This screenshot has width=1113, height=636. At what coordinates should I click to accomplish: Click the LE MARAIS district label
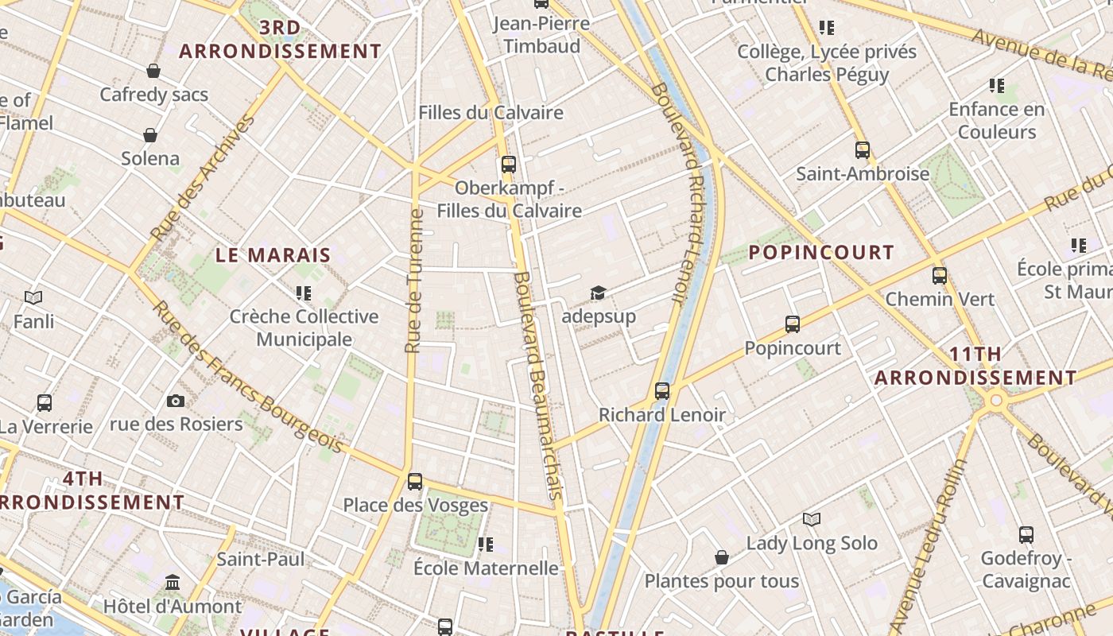coord(273,255)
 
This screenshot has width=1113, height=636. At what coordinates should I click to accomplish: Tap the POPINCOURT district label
coord(822,253)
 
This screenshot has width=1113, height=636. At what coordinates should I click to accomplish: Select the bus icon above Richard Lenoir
coord(662,391)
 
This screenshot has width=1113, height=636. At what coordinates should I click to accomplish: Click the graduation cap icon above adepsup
coord(598,293)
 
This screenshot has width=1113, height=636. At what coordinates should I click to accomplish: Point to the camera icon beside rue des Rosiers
coord(176,401)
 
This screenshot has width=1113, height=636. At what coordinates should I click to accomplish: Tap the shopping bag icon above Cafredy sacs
coord(153,72)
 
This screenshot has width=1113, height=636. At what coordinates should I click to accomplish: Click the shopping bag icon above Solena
coord(150,135)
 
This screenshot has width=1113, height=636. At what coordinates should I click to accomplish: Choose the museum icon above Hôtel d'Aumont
coord(173,584)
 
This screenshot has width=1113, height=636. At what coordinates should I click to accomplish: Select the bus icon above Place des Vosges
coord(414,482)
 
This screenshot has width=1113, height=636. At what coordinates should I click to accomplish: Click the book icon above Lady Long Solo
coord(811,520)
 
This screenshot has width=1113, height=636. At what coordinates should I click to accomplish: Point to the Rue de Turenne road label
coord(413,281)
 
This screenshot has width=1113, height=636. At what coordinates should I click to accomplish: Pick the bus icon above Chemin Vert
coord(940,277)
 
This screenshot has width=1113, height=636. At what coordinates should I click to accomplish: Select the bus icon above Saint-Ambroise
coord(863,150)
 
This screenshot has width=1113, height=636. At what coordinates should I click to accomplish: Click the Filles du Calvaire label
coord(491,113)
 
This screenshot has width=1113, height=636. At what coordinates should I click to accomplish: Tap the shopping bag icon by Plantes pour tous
coord(722,558)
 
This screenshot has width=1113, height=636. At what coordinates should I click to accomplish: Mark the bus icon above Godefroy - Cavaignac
coord(1026,535)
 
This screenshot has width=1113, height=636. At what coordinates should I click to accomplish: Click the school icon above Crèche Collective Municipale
coord(303,293)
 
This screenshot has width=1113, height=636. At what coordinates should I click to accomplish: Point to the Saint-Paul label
coord(261,560)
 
